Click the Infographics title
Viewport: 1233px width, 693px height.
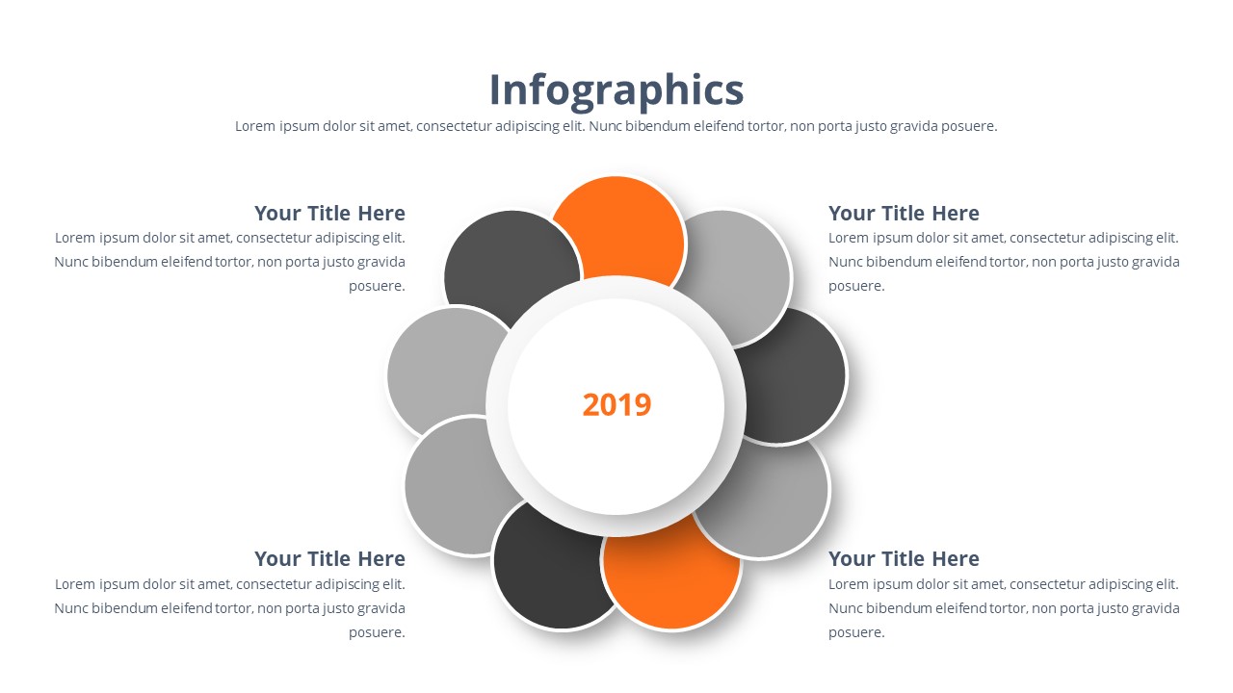pos(616,90)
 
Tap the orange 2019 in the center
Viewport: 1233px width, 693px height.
pos(616,404)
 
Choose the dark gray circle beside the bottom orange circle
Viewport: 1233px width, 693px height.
pos(549,577)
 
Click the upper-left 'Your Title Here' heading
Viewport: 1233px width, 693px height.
pos(329,213)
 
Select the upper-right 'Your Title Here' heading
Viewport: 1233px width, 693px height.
pos(904,213)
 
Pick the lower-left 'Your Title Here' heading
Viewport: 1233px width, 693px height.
pos(329,558)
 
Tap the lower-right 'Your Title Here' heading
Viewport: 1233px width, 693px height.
pos(904,558)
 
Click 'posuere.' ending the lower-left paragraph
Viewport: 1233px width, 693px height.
pos(377,632)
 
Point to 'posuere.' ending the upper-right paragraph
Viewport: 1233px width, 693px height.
pos(856,286)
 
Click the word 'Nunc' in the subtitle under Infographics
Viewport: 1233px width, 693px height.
pos(606,126)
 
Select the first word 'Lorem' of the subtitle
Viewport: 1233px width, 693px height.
pos(255,126)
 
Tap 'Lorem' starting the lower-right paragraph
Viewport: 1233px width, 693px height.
pos(849,584)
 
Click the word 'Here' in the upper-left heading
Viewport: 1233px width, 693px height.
pos(381,213)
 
